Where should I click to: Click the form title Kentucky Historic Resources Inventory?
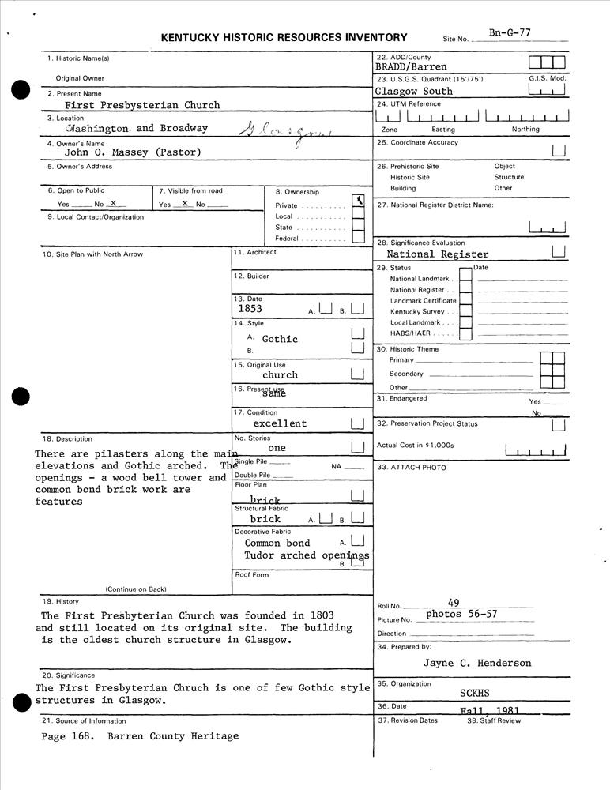(284, 37)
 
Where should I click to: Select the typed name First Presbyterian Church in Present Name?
(142, 105)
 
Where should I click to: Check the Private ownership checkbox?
(358, 203)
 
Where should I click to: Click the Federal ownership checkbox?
(358, 237)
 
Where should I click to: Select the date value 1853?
(250, 310)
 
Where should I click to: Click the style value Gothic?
(280, 339)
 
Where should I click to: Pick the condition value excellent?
(280, 423)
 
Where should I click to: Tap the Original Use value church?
(280, 375)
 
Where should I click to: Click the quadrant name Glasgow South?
(414, 91)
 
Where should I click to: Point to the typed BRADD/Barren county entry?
(411, 67)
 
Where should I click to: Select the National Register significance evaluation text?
(438, 254)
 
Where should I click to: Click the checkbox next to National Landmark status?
(466, 278)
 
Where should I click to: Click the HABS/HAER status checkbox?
(466, 333)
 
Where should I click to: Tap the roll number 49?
(453, 603)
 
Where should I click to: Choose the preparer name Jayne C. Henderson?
(477, 663)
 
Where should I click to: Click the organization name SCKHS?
(475, 693)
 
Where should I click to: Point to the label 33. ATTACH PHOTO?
(412, 468)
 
